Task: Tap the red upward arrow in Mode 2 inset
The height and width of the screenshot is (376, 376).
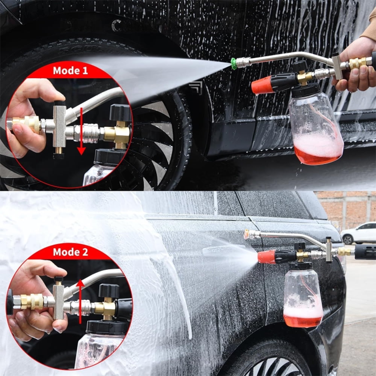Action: pyautogui.click(x=80, y=301)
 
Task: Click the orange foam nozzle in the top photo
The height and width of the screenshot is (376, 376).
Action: pyautogui.click(x=263, y=85)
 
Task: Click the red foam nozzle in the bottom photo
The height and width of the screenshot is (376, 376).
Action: pyautogui.click(x=267, y=257)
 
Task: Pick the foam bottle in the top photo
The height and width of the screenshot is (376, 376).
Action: pyautogui.click(x=315, y=128)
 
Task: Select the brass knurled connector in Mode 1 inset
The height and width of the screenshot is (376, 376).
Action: pyautogui.click(x=26, y=123)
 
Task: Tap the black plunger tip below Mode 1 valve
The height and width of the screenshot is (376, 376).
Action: pyautogui.click(x=58, y=155)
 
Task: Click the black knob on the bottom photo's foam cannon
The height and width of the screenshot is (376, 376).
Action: pyautogui.click(x=300, y=246)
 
